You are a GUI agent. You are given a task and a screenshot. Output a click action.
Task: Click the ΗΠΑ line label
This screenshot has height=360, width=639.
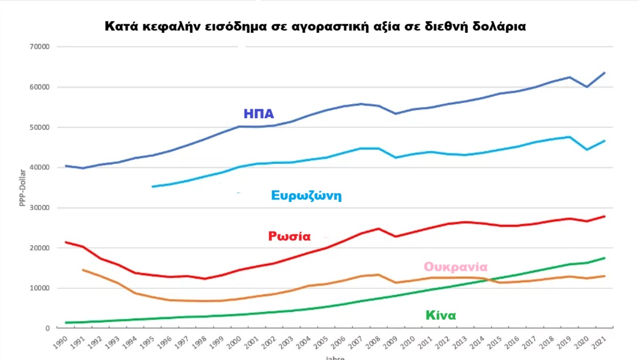[259, 114]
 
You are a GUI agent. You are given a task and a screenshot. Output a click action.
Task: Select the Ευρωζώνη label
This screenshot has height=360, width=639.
[306, 196]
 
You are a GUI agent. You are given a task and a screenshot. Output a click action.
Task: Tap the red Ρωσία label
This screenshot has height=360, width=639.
[289, 236]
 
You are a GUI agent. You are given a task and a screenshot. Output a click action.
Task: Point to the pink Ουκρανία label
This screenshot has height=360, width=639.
[455, 267]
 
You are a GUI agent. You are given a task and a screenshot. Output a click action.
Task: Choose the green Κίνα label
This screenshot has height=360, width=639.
[441, 316]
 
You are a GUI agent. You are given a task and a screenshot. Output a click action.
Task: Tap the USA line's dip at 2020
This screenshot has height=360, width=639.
[587, 87]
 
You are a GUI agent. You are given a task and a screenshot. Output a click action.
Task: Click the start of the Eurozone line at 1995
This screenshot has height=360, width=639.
[152, 187]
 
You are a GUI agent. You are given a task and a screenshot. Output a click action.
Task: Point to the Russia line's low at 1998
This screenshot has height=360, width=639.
[204, 279]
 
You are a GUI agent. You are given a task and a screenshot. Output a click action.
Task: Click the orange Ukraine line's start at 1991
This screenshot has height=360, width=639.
[83, 270]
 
